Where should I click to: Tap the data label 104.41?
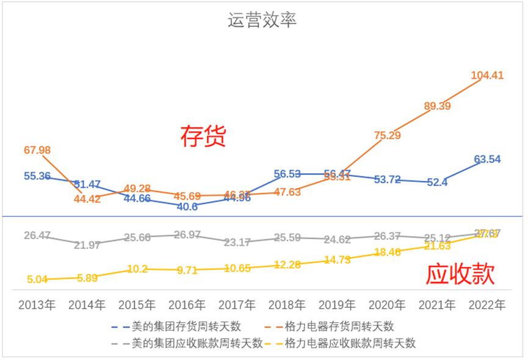coord(486,76)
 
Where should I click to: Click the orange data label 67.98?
coord(37,150)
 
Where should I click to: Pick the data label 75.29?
coord(387,135)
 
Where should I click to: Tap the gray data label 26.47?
coord(37,235)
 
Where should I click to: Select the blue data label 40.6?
coord(187,207)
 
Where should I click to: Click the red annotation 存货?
coord(203,137)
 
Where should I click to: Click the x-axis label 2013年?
coord(37,304)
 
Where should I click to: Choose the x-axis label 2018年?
coord(287,304)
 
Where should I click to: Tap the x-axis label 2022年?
coord(486,304)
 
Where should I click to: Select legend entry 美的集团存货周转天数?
coord(189,326)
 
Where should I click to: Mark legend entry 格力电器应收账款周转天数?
coord(350,344)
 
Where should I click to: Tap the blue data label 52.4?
coord(437,182)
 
